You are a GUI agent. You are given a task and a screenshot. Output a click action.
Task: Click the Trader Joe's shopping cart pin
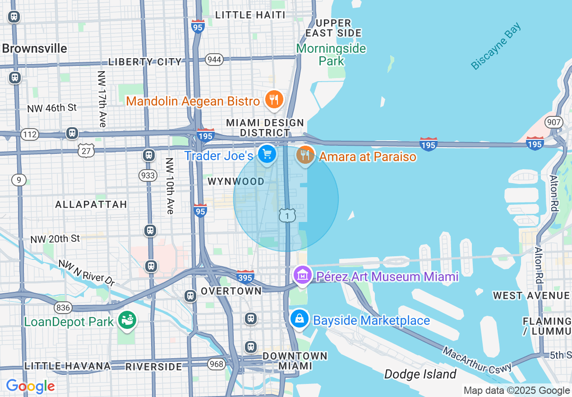pyautogui.click(x=267, y=155)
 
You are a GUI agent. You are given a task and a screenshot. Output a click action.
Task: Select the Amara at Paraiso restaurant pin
pyautogui.click(x=305, y=156)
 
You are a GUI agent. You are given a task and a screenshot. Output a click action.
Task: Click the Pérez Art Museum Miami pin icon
pyautogui.click(x=302, y=275)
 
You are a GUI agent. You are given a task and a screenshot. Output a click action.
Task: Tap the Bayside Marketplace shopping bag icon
pyautogui.click(x=299, y=319)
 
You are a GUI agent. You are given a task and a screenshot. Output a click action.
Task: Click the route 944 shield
pyautogui.click(x=214, y=60)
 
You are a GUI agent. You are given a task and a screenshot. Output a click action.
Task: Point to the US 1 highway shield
pyautogui.click(x=287, y=215)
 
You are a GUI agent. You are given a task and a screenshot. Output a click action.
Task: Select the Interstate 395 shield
pyautogui.click(x=245, y=276)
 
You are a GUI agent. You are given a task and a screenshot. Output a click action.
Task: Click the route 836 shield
pyautogui.click(x=63, y=308)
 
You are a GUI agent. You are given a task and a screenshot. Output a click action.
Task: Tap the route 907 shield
pyautogui.click(x=553, y=122)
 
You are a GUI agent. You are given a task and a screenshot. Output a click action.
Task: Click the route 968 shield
pyautogui.click(x=217, y=364)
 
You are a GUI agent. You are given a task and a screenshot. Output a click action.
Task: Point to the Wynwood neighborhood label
pyautogui.click(x=236, y=181)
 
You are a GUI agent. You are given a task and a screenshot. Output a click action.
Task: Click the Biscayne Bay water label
pyautogui.click(x=496, y=46)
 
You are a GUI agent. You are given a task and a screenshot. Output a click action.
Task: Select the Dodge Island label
pyautogui.click(x=420, y=374)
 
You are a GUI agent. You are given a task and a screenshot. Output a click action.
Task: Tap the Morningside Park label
pyautogui.click(x=331, y=55)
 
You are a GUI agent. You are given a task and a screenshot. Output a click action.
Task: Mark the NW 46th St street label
pyautogui.click(x=52, y=108)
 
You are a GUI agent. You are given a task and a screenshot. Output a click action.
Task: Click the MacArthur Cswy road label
pyautogui.click(x=477, y=360)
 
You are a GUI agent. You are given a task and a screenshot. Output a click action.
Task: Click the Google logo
pyautogui.click(x=30, y=386)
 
